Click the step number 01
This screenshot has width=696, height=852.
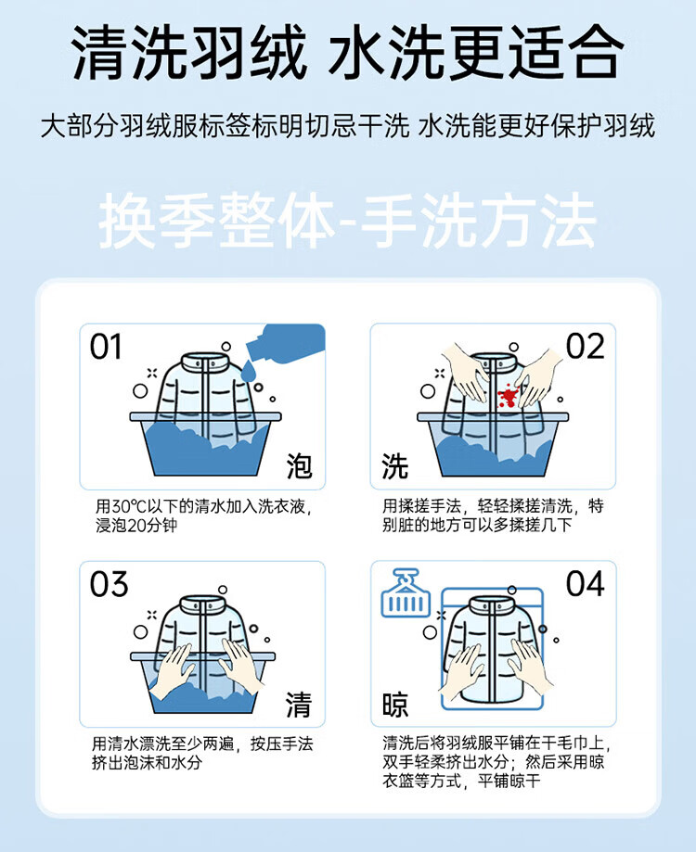(106, 347)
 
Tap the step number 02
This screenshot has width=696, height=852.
(585, 346)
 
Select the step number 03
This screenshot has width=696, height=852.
(109, 584)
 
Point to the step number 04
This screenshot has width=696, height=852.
(586, 583)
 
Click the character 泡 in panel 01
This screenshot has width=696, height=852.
(299, 466)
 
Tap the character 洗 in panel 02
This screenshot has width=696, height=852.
(395, 466)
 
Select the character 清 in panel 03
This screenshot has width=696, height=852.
(299, 705)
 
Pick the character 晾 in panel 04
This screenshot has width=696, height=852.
(395, 705)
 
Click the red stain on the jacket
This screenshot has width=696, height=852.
(508, 396)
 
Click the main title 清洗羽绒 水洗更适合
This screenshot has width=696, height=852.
(348, 53)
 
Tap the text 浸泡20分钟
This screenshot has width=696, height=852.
(136, 526)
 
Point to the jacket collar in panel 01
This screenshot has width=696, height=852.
(205, 362)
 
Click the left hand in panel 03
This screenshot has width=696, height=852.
(172, 670)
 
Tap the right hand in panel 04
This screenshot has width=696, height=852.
(530, 667)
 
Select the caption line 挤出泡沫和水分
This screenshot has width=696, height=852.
(147, 763)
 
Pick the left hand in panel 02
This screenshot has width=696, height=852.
(464, 371)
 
